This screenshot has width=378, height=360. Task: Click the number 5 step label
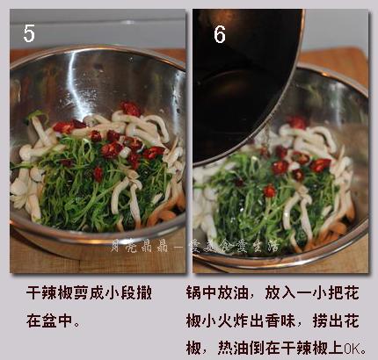coord(29,33)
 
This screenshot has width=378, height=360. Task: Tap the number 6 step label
coord(219,34)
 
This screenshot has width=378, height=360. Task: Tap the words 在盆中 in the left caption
coord(45,322)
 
